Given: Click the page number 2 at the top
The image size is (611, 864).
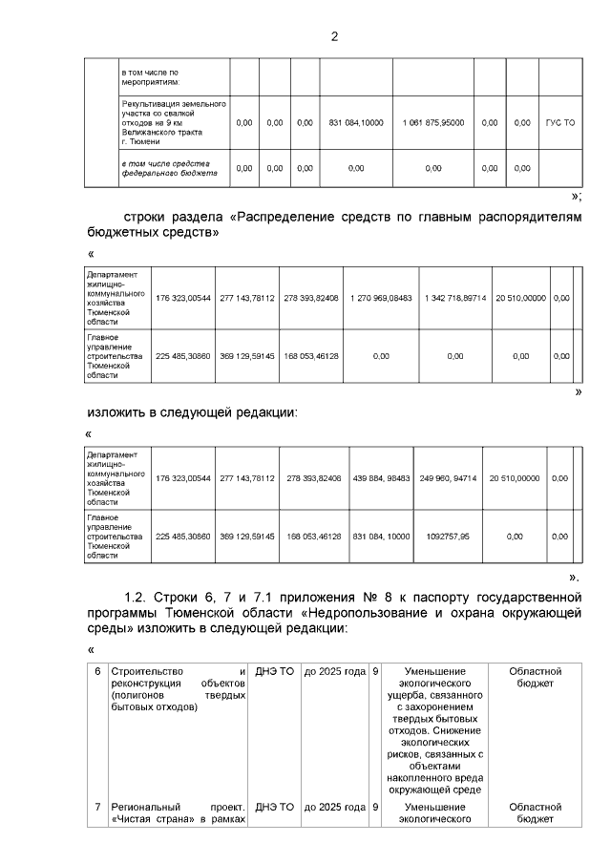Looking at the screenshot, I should coord(333,37).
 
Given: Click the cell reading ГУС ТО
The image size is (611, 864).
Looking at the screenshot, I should coord(559,123).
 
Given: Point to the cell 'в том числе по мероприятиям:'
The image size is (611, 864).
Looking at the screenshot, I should coord(149,77).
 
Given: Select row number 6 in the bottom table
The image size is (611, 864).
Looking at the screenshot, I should coord(97,671).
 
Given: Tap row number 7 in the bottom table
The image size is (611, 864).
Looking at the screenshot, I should coord(97,807).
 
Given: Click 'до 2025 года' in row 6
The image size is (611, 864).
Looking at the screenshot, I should coord(334,671).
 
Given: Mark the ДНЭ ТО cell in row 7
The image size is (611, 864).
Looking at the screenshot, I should coord(274,807).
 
